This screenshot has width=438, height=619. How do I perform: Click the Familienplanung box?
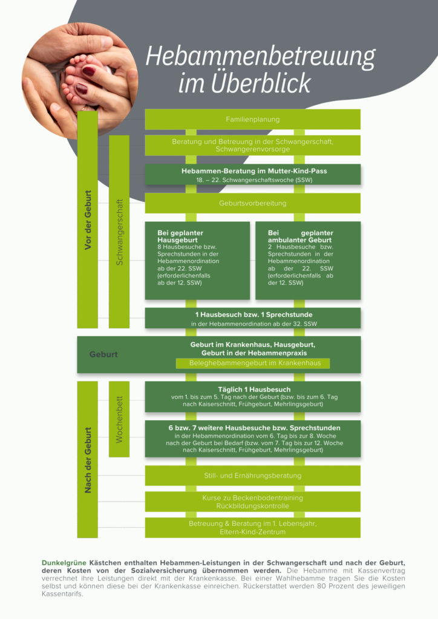point(253,119)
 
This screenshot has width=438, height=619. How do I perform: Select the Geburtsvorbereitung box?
point(253,203)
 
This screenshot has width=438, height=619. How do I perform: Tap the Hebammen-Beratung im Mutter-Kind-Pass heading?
point(254,171)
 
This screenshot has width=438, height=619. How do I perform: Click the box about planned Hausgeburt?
point(197,261)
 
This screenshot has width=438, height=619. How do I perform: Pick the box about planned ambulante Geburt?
point(308,261)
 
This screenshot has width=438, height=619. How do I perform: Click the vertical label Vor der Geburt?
point(88,220)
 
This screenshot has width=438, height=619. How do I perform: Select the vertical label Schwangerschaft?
point(119,232)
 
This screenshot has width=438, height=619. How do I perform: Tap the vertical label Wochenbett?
point(119,420)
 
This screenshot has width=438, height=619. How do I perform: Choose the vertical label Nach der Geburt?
point(88,460)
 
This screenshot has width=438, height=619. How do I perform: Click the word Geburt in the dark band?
point(103,354)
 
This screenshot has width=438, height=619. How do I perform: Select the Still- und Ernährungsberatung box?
point(253,476)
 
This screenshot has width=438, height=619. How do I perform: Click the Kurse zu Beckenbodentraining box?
point(253,502)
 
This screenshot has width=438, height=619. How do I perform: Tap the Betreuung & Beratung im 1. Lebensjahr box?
point(253,527)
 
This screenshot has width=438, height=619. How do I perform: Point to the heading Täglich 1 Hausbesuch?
point(254,390)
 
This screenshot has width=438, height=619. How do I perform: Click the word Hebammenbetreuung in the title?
point(260,56)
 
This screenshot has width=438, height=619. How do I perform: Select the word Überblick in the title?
point(261,83)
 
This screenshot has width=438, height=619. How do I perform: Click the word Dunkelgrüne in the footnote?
point(64,563)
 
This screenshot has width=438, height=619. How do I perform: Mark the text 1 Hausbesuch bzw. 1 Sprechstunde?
point(253,314)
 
